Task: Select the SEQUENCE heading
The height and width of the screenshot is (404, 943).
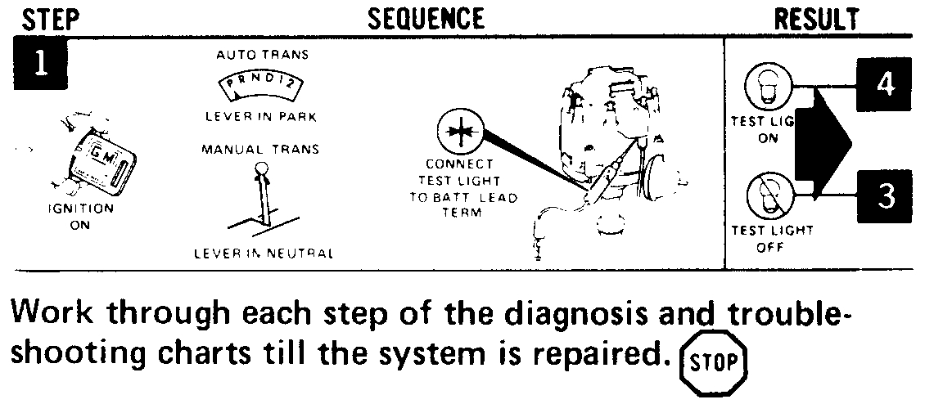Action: (426, 18)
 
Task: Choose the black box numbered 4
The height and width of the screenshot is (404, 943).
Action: (882, 86)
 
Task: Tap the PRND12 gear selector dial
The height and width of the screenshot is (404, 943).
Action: (261, 85)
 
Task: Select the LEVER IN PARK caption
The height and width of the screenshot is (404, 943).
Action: (261, 117)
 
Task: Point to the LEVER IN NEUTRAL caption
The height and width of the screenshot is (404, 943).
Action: (264, 254)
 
